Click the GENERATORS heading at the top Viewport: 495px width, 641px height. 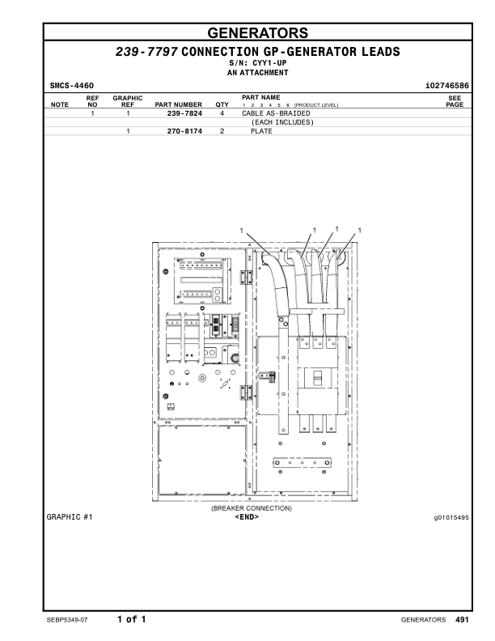pyautogui.click(x=257, y=33)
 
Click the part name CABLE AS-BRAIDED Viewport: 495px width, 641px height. pyautogui.click(x=278, y=114)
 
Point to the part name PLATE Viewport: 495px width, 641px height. pyautogui.click(x=261, y=130)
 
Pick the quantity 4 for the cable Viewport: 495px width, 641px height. pyautogui.click(x=222, y=114)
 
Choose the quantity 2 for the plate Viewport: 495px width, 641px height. pyautogui.click(x=222, y=130)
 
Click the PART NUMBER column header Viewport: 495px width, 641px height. pyautogui.click(x=178, y=104)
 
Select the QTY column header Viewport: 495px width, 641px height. pyautogui.click(x=222, y=104)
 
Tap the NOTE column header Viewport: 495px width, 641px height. pyautogui.click(x=60, y=104)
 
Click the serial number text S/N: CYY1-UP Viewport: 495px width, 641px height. pyautogui.click(x=257, y=62)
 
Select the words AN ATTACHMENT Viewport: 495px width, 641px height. pyautogui.click(x=257, y=72)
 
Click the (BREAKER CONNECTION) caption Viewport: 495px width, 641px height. pyautogui.click(x=252, y=508)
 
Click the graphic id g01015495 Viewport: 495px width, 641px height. pyautogui.click(x=451, y=516)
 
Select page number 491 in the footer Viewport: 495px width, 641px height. pyautogui.click(x=462, y=620)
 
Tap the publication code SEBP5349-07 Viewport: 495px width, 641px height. pyautogui.click(x=70, y=620)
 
